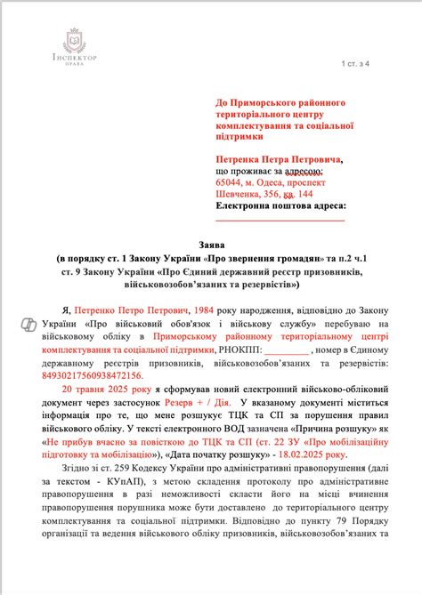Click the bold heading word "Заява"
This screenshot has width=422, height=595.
click(x=211, y=242)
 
